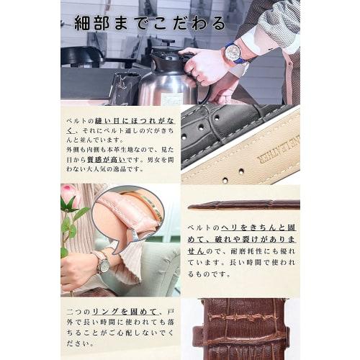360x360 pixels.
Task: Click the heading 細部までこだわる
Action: click(144, 23)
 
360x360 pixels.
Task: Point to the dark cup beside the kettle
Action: click(123, 87)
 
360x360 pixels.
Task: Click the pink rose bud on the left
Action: click(69, 192)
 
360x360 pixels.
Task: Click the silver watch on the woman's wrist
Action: click(102, 264)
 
